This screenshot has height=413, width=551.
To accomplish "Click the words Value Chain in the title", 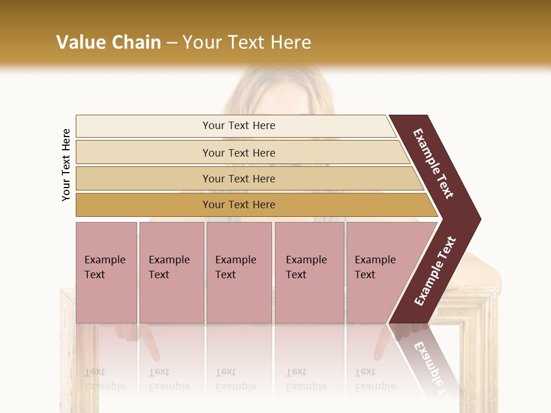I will coord(108,42).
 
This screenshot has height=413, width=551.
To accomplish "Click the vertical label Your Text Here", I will coord(66,165).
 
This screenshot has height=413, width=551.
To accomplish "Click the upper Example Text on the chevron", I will coord(433,163).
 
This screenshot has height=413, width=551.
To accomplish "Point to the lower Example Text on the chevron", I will coord(435,271).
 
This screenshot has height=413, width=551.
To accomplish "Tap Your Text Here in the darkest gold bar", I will coord(239,205).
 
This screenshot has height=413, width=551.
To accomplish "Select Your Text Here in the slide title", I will coord(247,42).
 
